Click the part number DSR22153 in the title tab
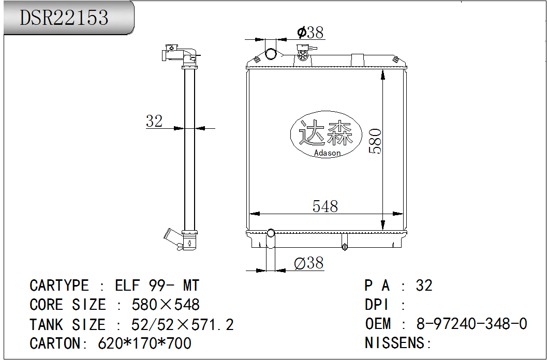click(x=64, y=18)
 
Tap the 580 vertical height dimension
click(x=375, y=141)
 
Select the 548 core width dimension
click(x=325, y=206)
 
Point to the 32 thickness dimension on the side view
click(x=154, y=121)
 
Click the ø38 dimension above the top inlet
click(x=311, y=33)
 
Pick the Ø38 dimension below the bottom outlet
click(x=309, y=263)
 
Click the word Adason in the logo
click(x=327, y=153)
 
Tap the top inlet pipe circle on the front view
click(x=271, y=54)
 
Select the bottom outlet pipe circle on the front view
click(x=271, y=233)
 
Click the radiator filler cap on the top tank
click(x=303, y=54)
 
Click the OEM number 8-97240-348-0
click(x=471, y=324)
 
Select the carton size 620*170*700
click(x=144, y=343)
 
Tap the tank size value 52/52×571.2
click(x=183, y=324)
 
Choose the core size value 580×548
click(x=166, y=305)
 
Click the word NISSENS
click(x=394, y=342)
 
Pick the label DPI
click(x=376, y=305)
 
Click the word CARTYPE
click(x=60, y=286)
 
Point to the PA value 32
click(x=424, y=286)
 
